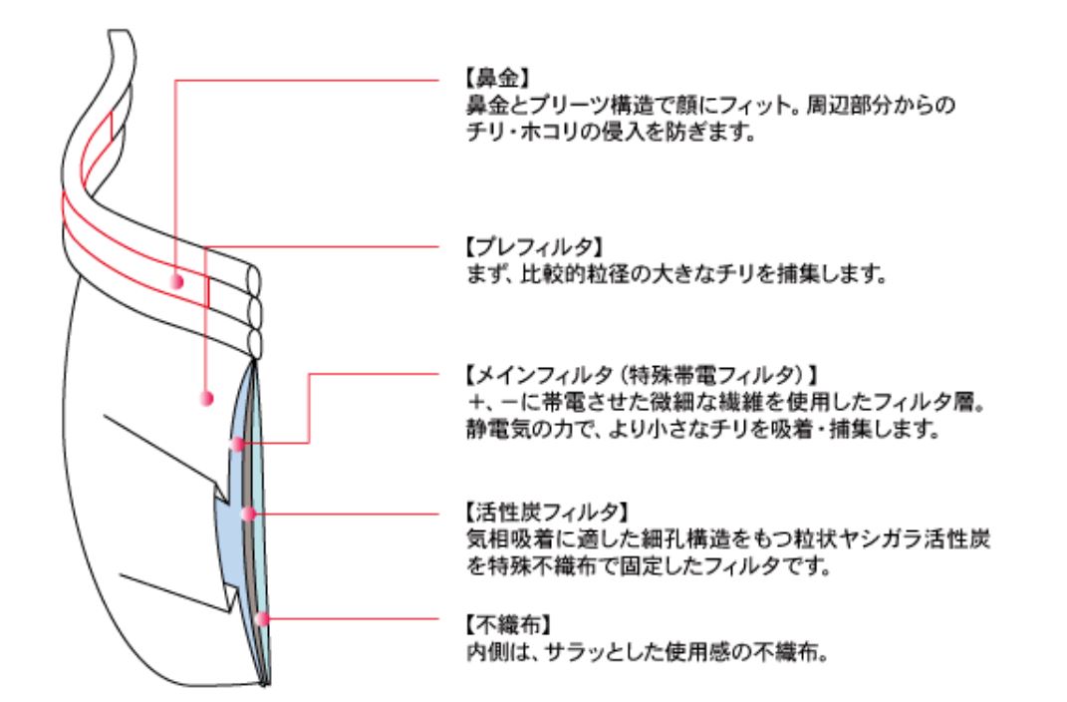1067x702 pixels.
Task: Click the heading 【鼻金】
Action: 497,79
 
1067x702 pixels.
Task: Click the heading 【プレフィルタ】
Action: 534,246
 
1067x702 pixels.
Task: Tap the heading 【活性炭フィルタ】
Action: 547,512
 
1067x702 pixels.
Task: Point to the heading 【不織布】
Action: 508,624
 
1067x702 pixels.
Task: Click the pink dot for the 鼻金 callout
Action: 177,280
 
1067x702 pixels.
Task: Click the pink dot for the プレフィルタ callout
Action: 207,398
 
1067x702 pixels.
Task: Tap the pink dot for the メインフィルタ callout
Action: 237,445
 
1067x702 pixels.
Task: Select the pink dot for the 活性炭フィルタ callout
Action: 249,514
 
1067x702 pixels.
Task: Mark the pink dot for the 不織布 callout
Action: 262,619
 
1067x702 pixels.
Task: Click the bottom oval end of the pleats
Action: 255,343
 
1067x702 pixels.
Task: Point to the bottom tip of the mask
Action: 266,684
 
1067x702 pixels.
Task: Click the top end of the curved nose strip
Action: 119,31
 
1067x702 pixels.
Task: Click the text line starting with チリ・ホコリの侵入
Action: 611,132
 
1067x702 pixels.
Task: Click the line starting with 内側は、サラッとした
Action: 648,652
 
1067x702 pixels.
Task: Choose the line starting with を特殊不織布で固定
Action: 649,565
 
